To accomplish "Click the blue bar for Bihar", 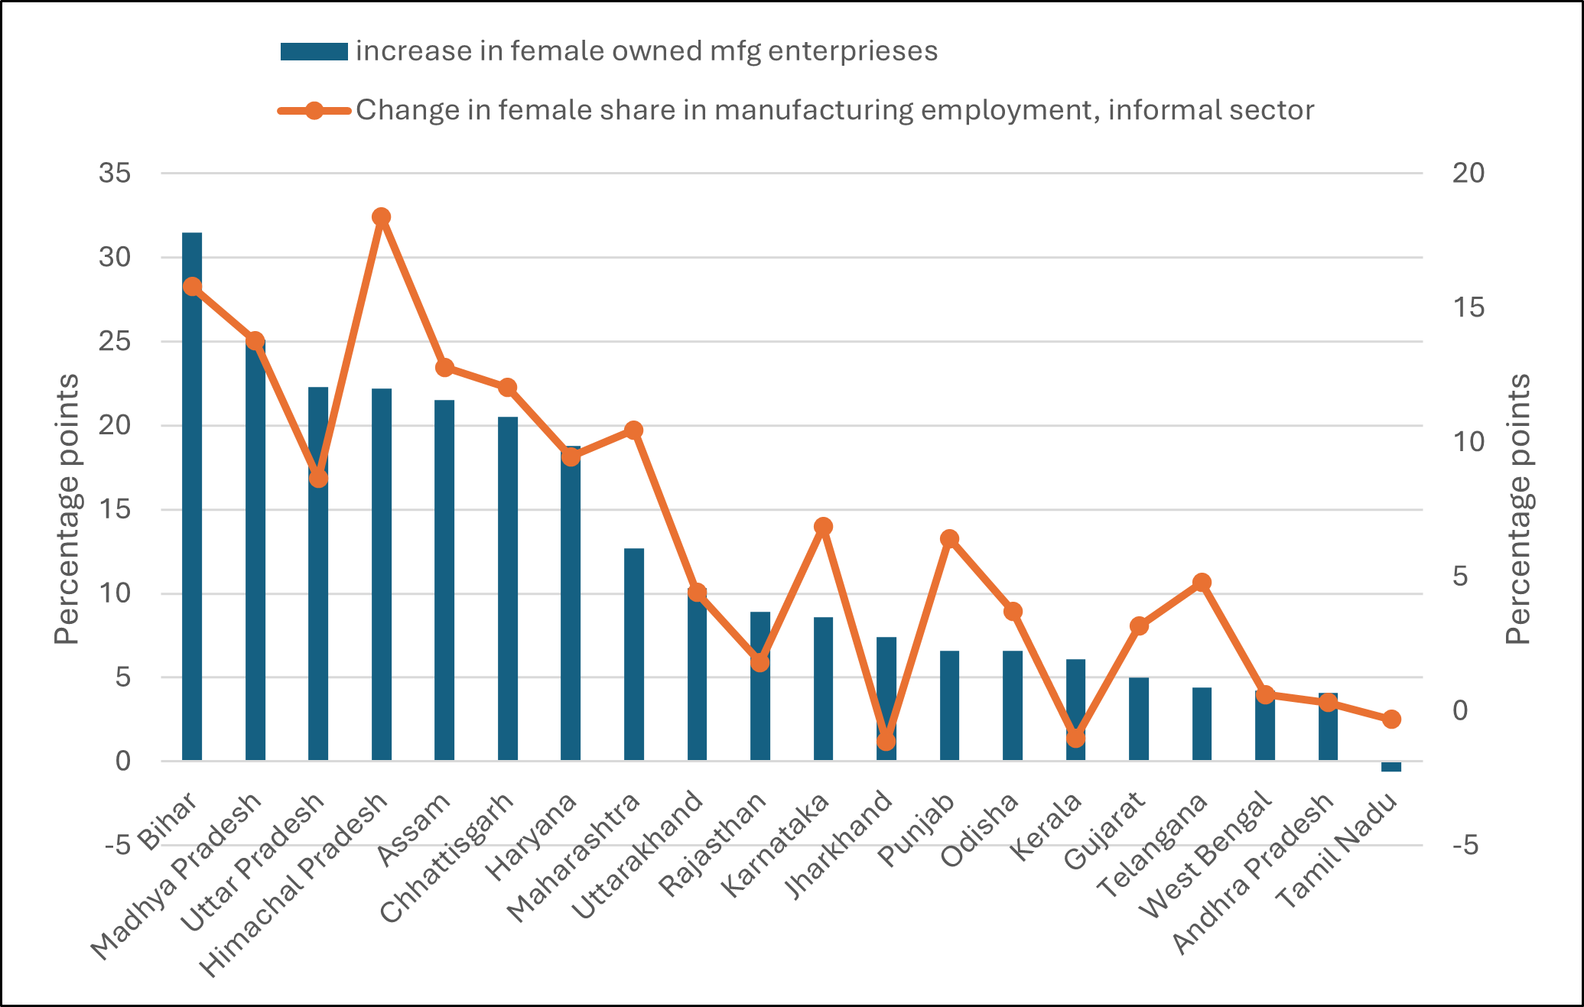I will [x=192, y=497].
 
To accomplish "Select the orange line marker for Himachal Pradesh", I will [x=382, y=217].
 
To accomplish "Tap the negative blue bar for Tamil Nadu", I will [x=1391, y=767].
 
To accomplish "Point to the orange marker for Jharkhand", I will [x=886, y=741].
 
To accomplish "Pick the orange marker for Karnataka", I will [x=823, y=527].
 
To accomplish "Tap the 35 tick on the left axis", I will [x=115, y=174].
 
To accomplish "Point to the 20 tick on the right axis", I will [x=1468, y=174].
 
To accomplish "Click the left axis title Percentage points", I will [x=67, y=509].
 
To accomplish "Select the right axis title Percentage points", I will [x=1518, y=509].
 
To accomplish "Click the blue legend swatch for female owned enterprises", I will [x=314, y=51].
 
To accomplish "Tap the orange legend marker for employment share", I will [x=314, y=110].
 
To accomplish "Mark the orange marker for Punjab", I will [x=949, y=539].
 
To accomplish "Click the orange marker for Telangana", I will [x=1202, y=583].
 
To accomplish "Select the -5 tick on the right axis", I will [x=1468, y=846].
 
